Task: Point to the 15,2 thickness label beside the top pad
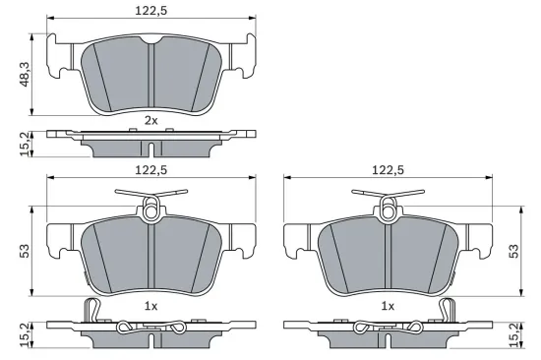pyautogui.click(x=24, y=144)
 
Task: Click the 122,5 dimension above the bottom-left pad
pyautogui.click(x=150, y=170)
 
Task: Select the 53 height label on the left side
pyautogui.click(x=24, y=253)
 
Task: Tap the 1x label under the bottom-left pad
pyautogui.click(x=150, y=306)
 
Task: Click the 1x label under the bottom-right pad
pyautogui.click(x=388, y=306)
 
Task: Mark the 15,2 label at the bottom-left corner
pyautogui.click(x=24, y=335)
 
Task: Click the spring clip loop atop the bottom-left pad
pyautogui.click(x=150, y=208)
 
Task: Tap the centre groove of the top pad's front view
pyautogui.click(x=150, y=75)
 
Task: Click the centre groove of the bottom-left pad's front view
pyautogui.click(x=150, y=258)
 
